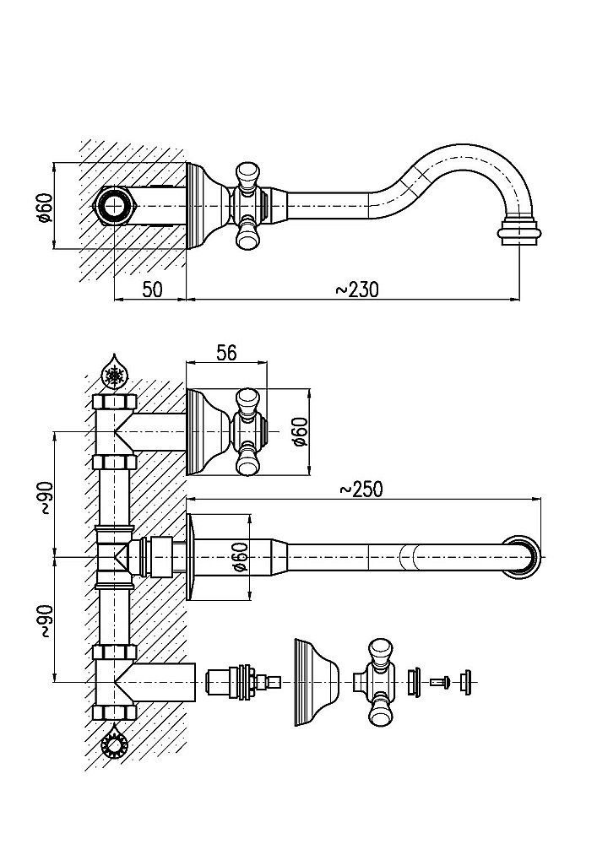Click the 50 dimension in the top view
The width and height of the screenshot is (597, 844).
coord(152,289)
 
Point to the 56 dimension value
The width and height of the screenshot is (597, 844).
coord(225,354)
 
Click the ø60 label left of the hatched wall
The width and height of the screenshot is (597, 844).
coord(46,205)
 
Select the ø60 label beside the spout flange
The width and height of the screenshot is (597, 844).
coord(239,557)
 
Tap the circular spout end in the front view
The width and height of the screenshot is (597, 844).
coord(522,557)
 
